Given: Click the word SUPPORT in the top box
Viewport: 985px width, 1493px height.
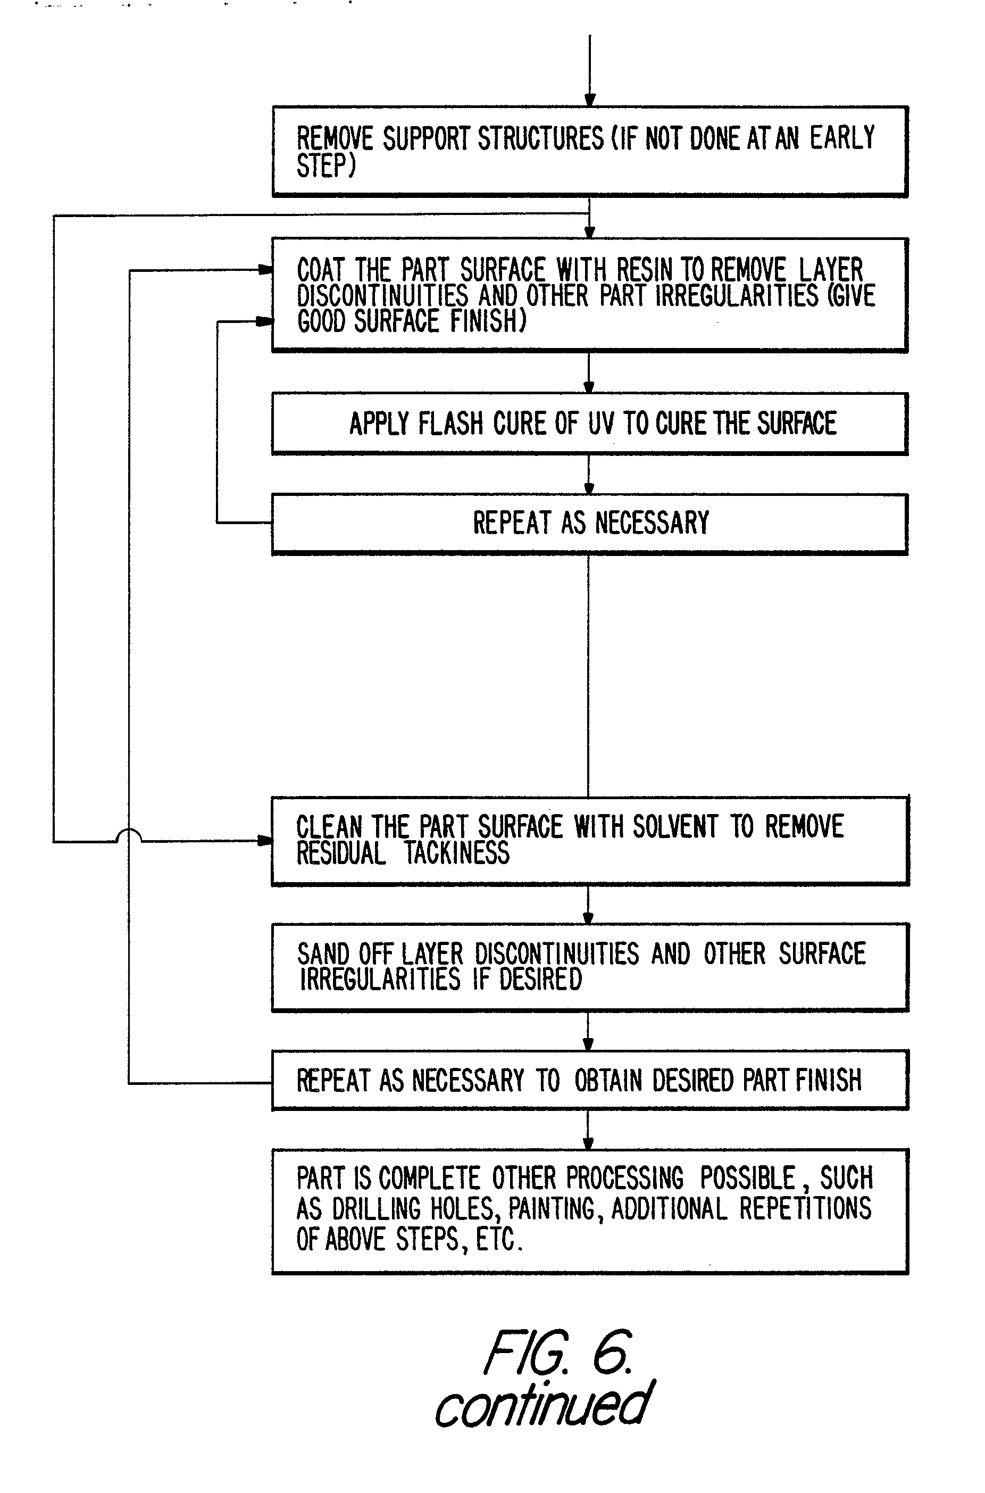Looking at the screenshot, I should (426, 139).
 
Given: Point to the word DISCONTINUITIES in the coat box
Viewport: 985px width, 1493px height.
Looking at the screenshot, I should (382, 295).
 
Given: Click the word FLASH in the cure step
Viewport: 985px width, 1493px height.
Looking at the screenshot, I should (450, 424).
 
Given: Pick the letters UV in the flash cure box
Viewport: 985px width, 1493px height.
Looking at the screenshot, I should (600, 424).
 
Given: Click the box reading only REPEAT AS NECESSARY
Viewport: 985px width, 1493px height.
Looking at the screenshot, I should (590, 524).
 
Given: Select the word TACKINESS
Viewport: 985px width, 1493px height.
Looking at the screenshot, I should (456, 853).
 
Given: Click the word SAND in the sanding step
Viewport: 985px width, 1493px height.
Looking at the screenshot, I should (323, 954).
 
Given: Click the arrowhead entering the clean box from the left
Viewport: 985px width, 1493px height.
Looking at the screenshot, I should (266, 841).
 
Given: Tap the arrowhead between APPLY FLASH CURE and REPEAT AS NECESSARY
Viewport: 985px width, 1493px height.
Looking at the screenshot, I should (589, 488).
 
